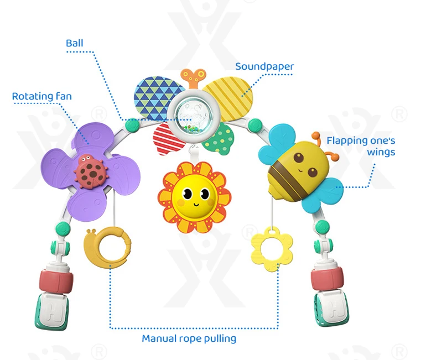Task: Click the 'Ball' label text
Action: point(75,43)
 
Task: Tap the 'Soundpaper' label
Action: point(264,67)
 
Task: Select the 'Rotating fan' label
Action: point(42,97)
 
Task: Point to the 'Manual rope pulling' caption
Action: point(189,338)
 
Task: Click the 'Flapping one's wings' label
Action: point(361,146)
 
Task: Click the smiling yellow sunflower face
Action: point(193,196)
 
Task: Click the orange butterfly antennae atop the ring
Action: point(192,77)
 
